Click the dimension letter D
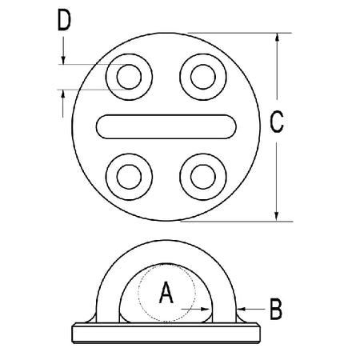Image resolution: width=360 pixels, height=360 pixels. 64,20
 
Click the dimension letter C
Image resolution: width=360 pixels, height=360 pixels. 277,122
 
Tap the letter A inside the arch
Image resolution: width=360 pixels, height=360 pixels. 166,293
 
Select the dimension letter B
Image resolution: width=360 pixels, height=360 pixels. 276,310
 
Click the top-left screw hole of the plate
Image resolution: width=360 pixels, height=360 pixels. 129,77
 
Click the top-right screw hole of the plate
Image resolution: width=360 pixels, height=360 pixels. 203,77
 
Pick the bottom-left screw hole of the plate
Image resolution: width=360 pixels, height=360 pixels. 129,177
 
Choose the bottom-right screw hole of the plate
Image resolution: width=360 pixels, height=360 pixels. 203,177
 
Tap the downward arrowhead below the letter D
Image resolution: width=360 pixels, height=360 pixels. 63,60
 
